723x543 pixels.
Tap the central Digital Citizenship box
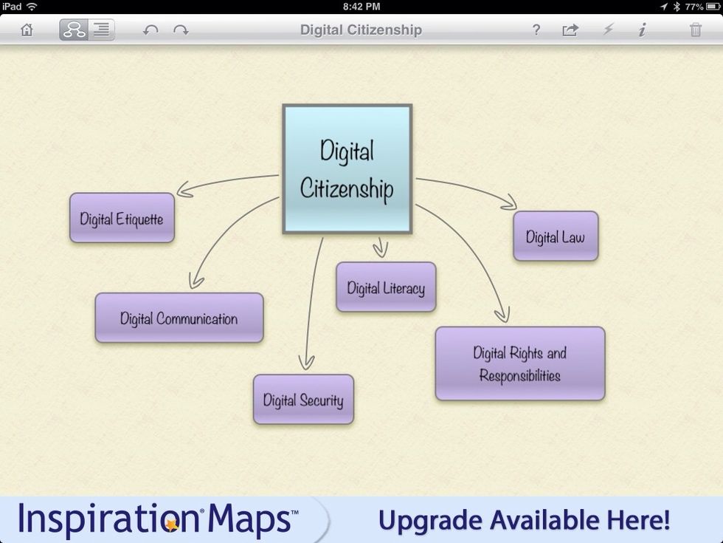point(347,169)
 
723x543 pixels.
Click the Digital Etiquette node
point(122,219)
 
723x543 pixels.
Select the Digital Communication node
point(179,318)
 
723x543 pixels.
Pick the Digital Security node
point(303,400)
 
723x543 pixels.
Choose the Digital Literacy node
point(386,287)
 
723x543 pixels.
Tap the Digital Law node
point(556,236)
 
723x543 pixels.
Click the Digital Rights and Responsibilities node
point(520,363)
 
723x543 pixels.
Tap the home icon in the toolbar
point(27,30)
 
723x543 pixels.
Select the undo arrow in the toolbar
point(151,30)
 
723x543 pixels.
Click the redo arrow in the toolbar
point(181,30)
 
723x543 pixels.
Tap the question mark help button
point(536,30)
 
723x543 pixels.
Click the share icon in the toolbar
point(570,30)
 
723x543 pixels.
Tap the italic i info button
point(642,30)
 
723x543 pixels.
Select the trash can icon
point(695,30)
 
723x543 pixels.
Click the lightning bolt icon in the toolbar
point(608,30)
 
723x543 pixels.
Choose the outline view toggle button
point(101,30)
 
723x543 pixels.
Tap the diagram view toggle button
point(74,30)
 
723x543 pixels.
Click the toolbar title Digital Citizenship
point(361,30)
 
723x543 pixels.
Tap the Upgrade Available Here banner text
point(524,519)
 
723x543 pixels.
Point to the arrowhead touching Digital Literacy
point(381,251)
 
